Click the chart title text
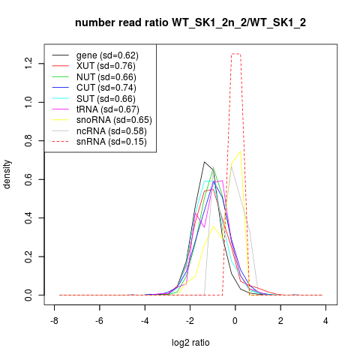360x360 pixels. click(x=190, y=22)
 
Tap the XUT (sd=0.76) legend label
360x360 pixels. click(x=106, y=66)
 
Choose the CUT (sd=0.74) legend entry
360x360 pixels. click(x=106, y=88)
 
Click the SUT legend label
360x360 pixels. click(x=106, y=99)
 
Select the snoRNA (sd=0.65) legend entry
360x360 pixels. click(x=114, y=120)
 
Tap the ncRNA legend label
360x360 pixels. click(x=112, y=131)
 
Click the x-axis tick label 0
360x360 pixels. click(x=235, y=321)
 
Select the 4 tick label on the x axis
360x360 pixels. click(x=325, y=321)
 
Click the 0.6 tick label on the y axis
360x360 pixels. click(x=28, y=179)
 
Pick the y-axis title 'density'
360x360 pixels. click(x=7, y=175)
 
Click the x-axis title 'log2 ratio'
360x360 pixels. click(x=190, y=343)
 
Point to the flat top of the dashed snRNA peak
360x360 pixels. click(x=236, y=54)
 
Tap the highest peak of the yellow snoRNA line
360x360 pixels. click(x=241, y=151)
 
